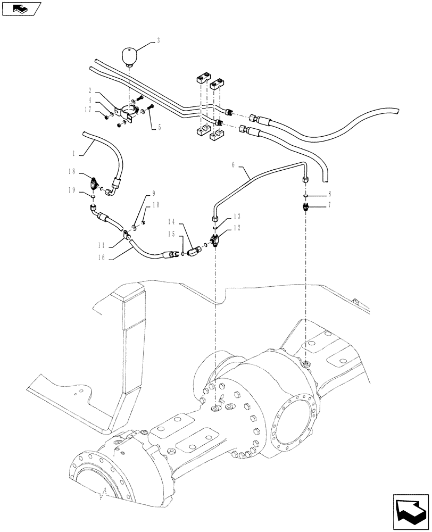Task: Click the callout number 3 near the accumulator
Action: tap(159, 40)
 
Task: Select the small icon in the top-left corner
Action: tap(20, 8)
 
